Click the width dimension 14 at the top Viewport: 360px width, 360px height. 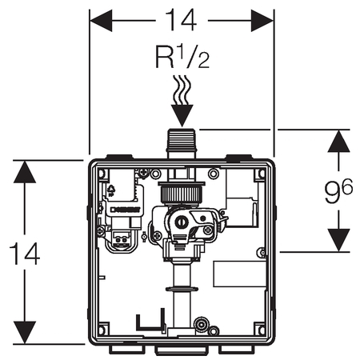[181, 20]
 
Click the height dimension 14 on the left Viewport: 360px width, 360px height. [25, 253]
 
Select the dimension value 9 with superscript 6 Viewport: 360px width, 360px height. [338, 191]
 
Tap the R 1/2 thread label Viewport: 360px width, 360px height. [182, 57]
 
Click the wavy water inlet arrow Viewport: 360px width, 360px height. [182, 101]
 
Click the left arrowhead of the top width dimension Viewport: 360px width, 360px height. [101, 20]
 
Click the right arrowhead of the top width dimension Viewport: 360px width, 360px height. [262, 20]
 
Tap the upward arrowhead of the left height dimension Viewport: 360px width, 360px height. [25, 172]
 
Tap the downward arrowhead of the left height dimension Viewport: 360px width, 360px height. [25, 332]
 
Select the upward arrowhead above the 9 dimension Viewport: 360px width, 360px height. [338, 142]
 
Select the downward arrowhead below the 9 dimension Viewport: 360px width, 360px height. [338, 240]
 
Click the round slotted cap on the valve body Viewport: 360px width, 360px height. [182, 222]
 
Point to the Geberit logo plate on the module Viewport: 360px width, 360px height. [125, 210]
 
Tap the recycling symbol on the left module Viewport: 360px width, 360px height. [110, 190]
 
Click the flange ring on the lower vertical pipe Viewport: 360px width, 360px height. [182, 289]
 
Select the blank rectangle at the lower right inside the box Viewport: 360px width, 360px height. [240, 274]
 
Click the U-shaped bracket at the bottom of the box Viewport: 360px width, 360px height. [150, 319]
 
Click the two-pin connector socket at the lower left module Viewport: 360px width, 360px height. [122, 239]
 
